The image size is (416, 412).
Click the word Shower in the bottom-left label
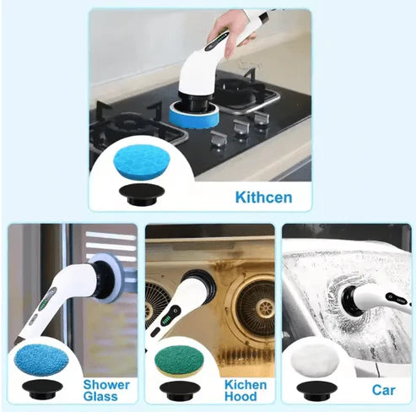105,384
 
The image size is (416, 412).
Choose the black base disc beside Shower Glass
41,390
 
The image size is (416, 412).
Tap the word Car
383,391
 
